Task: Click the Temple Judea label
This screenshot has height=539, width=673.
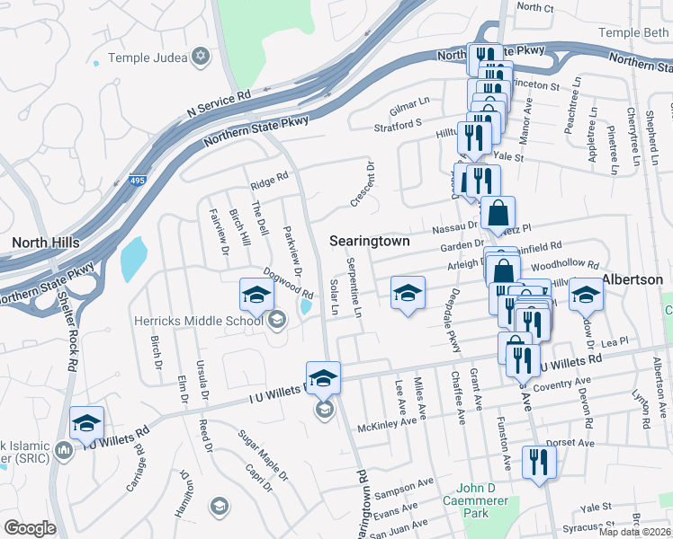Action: tap(147, 58)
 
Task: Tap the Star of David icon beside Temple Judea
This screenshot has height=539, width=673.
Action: tap(200, 57)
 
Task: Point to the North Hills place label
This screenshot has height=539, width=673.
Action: tap(45, 243)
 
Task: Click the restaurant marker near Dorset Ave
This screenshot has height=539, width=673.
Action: tap(539, 463)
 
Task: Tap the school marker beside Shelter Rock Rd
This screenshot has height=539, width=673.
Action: tap(86, 423)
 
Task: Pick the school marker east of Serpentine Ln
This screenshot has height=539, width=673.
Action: tap(408, 293)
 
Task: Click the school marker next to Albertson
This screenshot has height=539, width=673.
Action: tap(586, 294)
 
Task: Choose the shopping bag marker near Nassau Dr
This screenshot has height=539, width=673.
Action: tap(498, 214)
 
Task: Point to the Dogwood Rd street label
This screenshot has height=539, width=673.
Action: tap(287, 282)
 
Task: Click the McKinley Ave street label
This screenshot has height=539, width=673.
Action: tap(388, 422)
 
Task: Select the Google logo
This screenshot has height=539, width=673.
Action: tap(30, 528)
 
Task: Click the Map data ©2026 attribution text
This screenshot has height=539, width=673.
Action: tap(634, 532)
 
